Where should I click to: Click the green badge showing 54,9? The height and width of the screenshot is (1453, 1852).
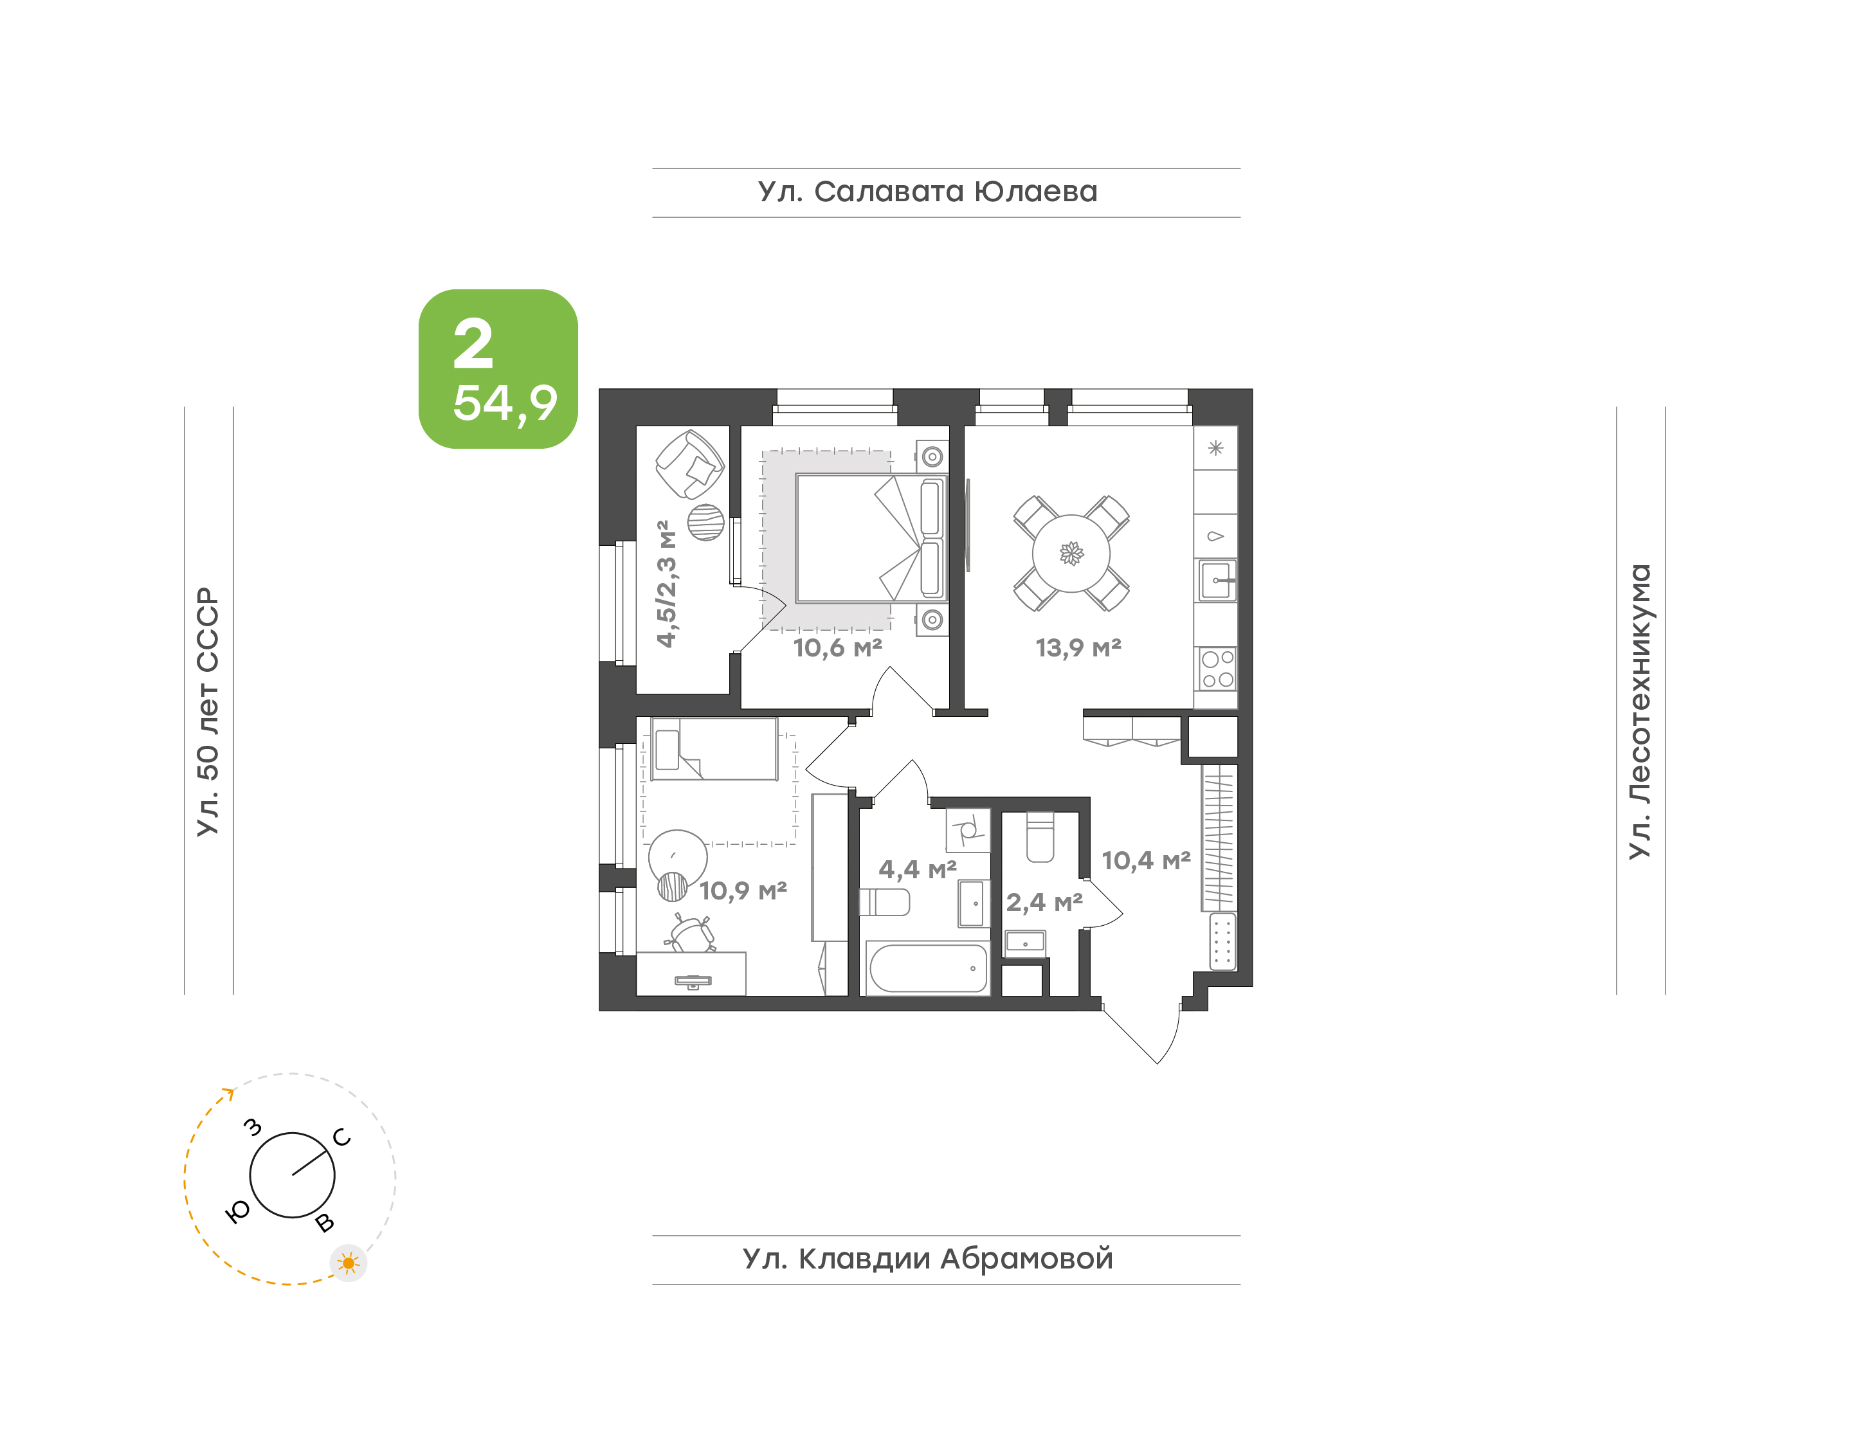click(x=498, y=368)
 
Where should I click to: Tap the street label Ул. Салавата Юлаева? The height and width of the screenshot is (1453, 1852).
click(x=927, y=192)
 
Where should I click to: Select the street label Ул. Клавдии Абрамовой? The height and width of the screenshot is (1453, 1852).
click(x=927, y=1259)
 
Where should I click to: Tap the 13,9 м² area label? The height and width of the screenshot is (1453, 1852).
click(x=1078, y=648)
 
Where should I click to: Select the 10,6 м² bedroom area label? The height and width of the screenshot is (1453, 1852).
click(x=837, y=648)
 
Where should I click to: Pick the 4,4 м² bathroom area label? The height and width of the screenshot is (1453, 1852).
click(x=917, y=869)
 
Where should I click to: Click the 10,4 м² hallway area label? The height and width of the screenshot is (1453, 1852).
click(x=1146, y=861)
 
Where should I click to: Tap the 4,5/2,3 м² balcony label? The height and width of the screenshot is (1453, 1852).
click(x=667, y=584)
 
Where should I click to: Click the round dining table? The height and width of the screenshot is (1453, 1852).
click(x=1071, y=554)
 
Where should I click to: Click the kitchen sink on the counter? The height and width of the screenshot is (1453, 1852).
click(x=1217, y=580)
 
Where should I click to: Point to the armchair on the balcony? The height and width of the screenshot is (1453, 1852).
click(x=689, y=464)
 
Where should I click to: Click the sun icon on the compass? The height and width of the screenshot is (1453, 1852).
click(x=348, y=1263)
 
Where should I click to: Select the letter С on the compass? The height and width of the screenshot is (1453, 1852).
click(x=342, y=1137)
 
